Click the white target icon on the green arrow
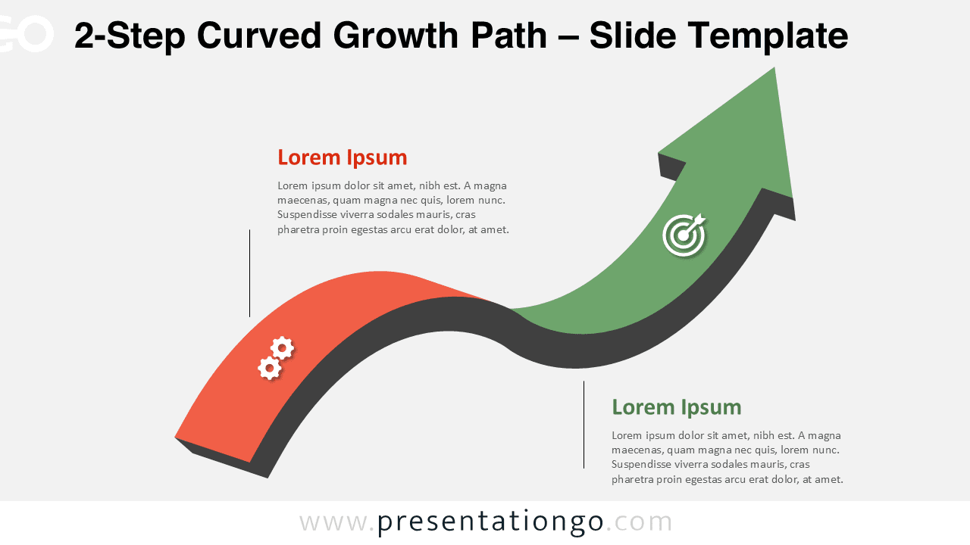tap(683, 235)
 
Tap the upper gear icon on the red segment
tap(282, 348)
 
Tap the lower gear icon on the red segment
tap(269, 369)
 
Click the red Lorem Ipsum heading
tap(342, 157)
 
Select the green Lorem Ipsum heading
tap(676, 407)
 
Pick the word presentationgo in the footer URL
tap(490, 522)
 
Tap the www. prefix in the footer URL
tap(337, 522)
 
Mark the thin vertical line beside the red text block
tap(249, 273)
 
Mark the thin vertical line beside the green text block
tap(584, 425)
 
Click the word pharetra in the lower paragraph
tap(633, 479)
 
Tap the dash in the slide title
tap(568, 36)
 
